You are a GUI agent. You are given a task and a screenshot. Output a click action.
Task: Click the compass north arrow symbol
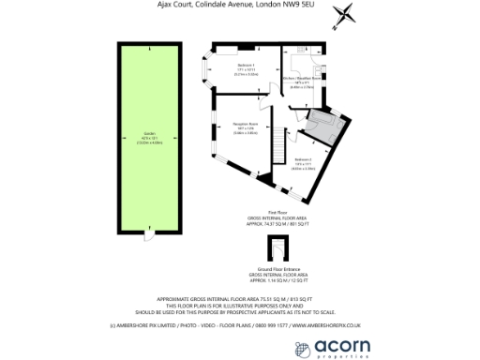coord(349,14)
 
